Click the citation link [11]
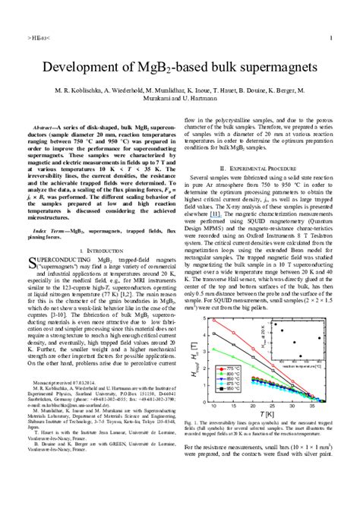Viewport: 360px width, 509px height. point(216,214)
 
